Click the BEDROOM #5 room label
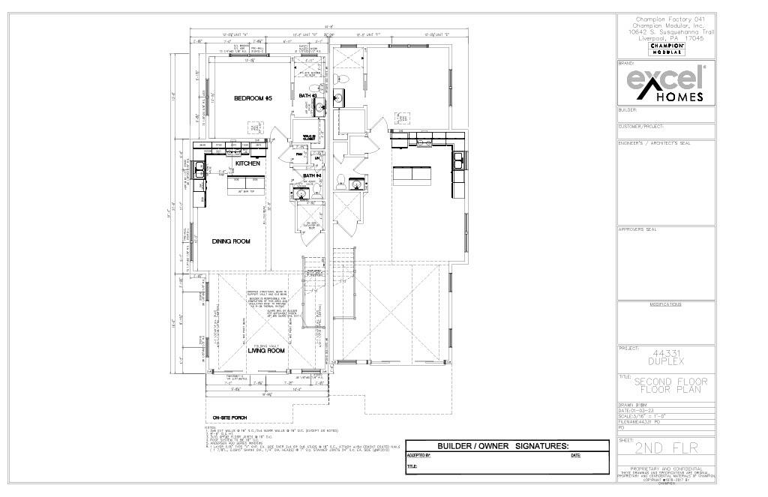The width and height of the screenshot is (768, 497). pyautogui.click(x=252, y=99)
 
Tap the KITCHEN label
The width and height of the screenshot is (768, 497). pyautogui.click(x=247, y=163)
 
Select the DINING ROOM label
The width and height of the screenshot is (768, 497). pyautogui.click(x=231, y=241)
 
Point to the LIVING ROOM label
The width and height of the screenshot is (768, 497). pyautogui.click(x=266, y=350)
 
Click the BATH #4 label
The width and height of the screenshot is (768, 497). pyautogui.click(x=312, y=176)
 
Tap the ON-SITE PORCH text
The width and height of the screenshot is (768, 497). pyautogui.click(x=229, y=418)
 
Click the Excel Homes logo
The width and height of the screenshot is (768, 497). pyautogui.click(x=665, y=82)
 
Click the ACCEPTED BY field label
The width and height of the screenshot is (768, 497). pyautogui.click(x=418, y=455)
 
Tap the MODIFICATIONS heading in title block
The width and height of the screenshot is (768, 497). pyautogui.click(x=665, y=304)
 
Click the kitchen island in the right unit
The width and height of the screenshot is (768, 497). pyautogui.click(x=412, y=175)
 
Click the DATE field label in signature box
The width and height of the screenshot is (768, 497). pyautogui.click(x=575, y=455)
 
